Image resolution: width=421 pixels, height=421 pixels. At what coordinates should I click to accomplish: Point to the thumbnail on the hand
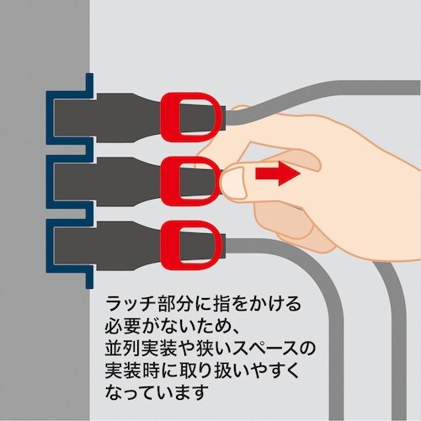pyautogui.click(x=230, y=180)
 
